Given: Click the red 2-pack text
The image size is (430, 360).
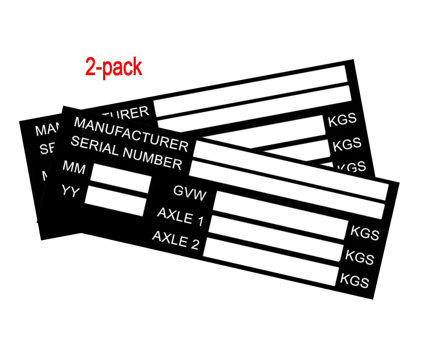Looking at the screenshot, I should click(114, 67).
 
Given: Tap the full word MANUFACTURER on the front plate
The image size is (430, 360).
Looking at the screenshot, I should click(131, 134).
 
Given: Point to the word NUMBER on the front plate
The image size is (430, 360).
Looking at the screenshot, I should click(152, 158).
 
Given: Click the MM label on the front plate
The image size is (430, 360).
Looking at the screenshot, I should click(74, 167).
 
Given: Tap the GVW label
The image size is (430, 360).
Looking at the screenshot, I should click(190, 193).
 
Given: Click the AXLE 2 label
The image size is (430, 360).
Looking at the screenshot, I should click(175, 240).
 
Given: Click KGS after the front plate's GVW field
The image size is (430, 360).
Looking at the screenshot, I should click(365, 233).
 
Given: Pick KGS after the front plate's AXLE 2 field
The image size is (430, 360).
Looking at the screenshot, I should click(354, 280).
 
